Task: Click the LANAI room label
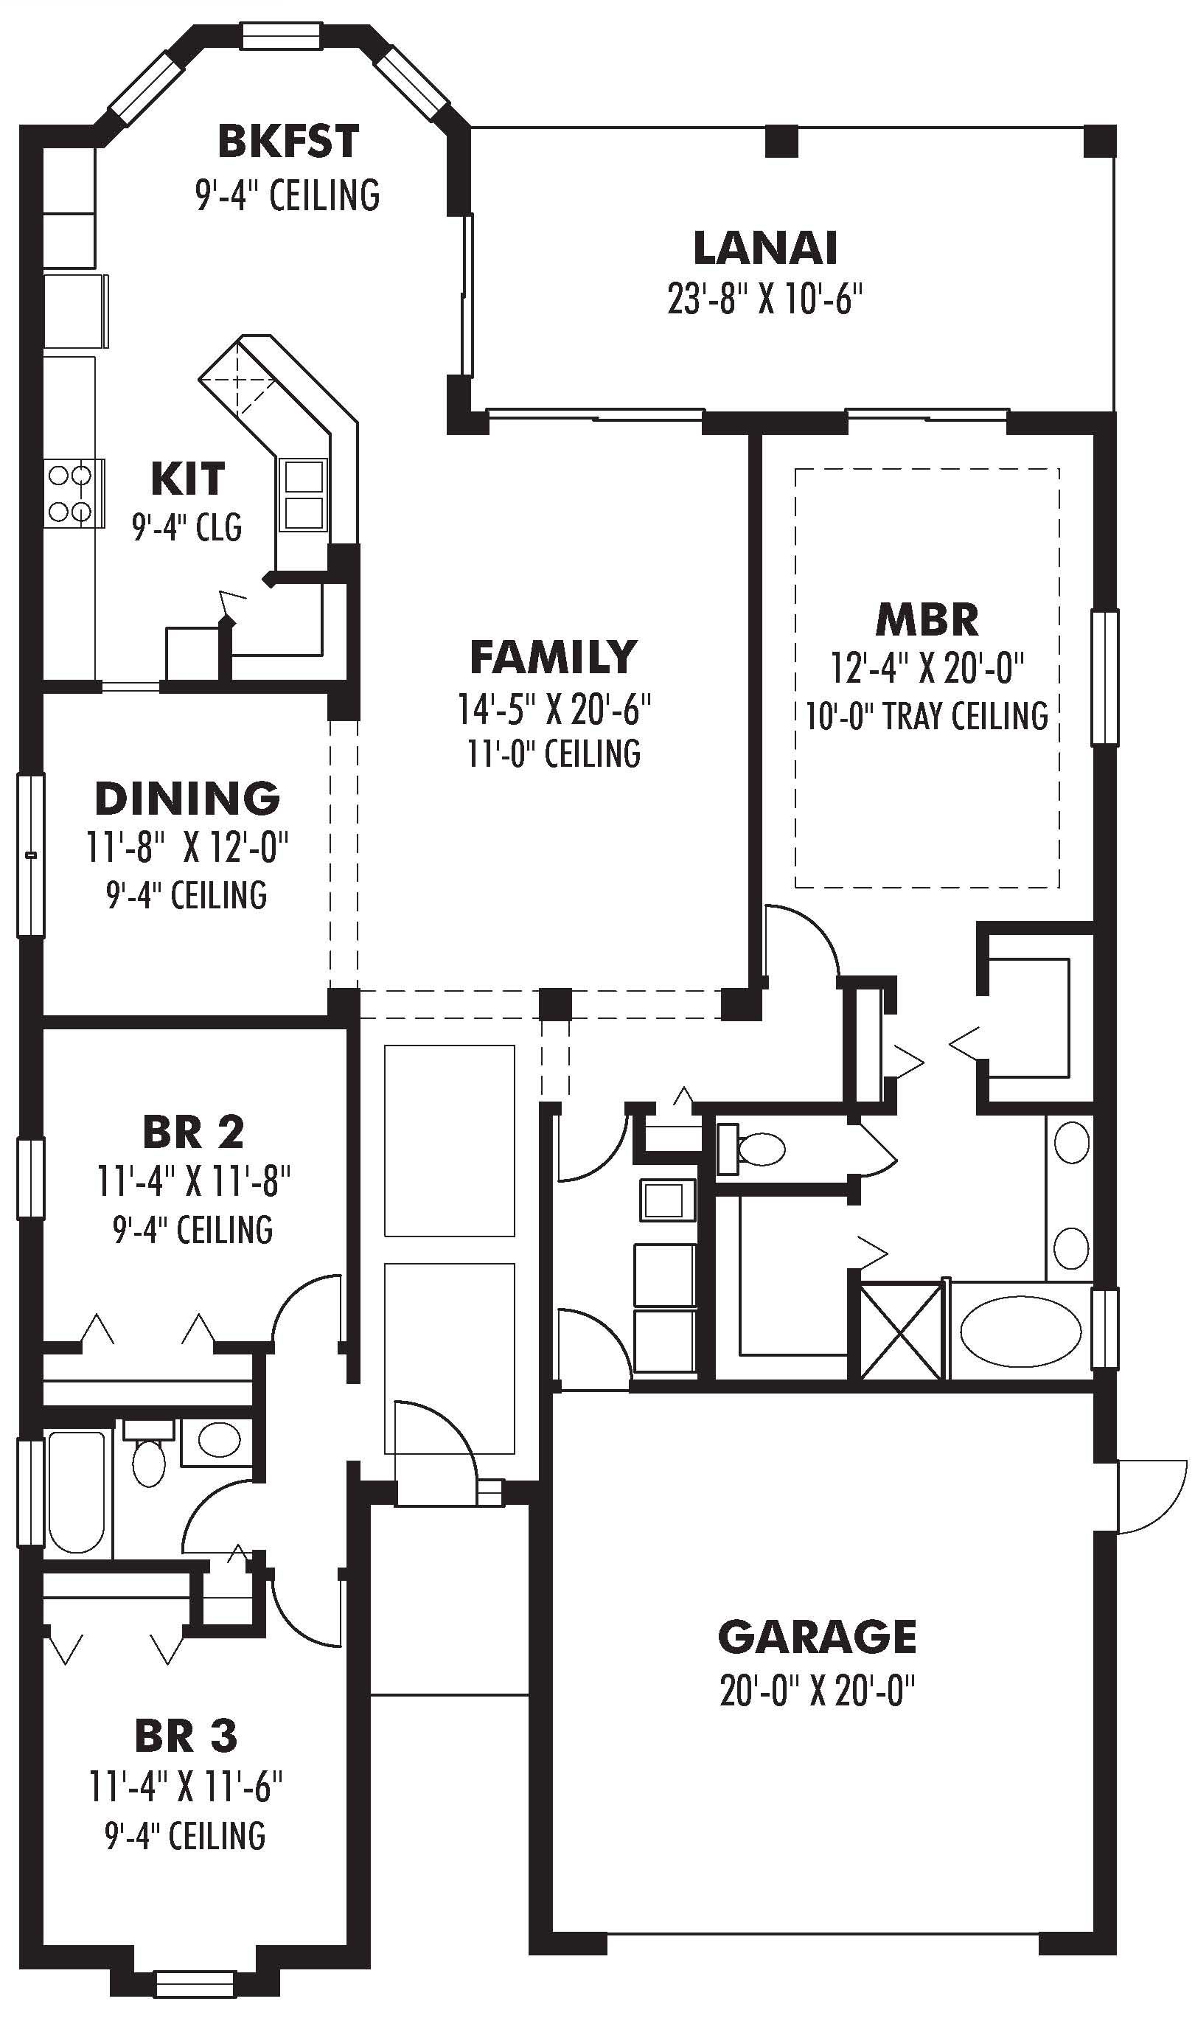(x=764, y=248)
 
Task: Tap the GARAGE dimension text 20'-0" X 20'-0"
(x=817, y=1689)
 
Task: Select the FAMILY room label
(x=553, y=656)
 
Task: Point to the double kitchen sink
(x=304, y=494)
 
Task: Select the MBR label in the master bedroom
(x=927, y=620)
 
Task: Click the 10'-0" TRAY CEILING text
(x=927, y=716)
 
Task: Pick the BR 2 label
(x=193, y=1133)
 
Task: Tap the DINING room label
(x=187, y=799)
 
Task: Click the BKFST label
(x=288, y=142)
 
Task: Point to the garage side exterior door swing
(x=1151, y=1496)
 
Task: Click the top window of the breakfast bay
(x=281, y=36)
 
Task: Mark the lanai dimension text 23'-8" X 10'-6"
(x=764, y=299)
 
